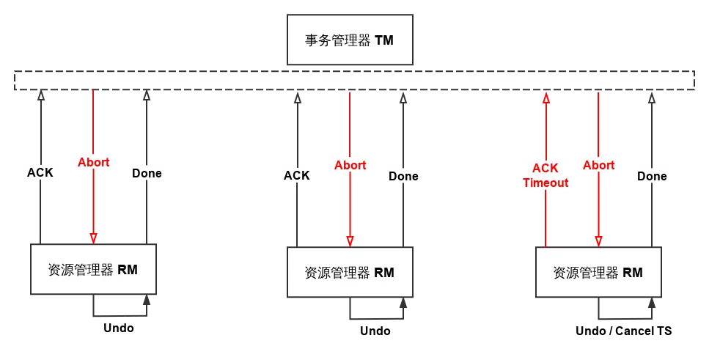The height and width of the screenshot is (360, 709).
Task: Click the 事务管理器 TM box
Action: [x=349, y=40]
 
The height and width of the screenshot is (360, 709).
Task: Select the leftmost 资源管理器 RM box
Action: [x=93, y=269]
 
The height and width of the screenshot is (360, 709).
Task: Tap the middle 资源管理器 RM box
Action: [x=349, y=272]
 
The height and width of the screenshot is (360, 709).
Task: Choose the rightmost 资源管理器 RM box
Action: [x=598, y=272]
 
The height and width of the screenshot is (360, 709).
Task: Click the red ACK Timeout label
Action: [x=545, y=176]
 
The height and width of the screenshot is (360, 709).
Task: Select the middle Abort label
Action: [x=350, y=165]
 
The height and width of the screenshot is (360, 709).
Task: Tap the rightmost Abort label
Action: [x=598, y=165]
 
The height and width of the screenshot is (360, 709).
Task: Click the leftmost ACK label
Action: [x=40, y=173]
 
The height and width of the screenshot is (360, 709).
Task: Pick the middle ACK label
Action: [x=296, y=176]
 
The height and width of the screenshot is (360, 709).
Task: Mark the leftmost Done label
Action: [x=147, y=174]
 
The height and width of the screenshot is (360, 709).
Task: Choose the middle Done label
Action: [x=403, y=176]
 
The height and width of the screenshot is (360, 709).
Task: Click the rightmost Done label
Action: [x=651, y=176]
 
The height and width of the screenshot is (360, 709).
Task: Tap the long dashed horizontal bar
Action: [x=354, y=81]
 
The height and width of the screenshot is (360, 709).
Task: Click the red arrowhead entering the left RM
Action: [x=93, y=238]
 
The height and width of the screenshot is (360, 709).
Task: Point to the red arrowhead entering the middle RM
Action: [x=350, y=240]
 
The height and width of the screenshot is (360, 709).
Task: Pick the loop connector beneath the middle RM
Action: [x=375, y=312]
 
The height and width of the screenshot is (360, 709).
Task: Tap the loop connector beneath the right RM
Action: [x=624, y=312]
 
